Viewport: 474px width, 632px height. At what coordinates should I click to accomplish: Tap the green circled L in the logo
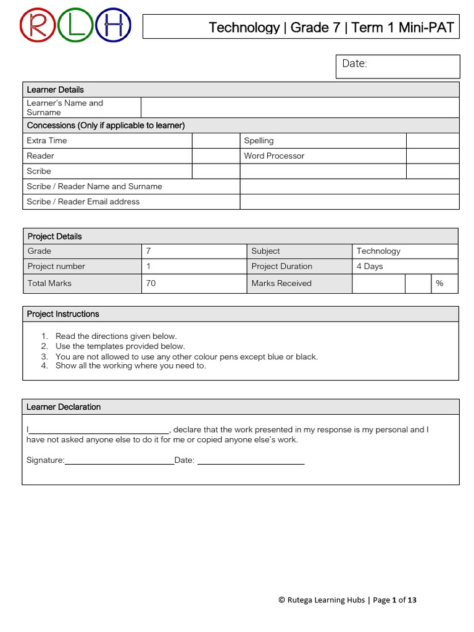pos(77,27)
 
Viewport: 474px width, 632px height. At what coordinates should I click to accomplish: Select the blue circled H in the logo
pos(114,27)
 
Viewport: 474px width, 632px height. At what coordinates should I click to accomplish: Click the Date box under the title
pos(397,67)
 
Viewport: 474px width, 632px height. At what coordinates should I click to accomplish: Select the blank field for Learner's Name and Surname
pos(300,107)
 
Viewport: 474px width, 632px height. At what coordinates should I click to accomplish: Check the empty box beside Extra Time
pos(216,141)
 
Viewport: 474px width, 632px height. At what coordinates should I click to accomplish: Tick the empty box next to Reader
pos(216,156)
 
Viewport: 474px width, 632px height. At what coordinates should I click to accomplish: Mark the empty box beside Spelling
pos(433,141)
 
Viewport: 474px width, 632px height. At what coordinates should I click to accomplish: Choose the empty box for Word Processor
pos(433,156)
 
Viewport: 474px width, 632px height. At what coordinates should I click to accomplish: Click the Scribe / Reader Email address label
pos(83,202)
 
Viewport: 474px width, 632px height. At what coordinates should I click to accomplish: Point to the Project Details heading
pos(54,236)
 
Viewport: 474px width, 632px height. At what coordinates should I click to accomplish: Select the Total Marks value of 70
pos(151,283)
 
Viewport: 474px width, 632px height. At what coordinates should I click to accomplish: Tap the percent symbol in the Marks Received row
pos(439,283)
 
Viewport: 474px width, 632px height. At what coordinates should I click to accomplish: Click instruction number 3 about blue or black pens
pos(186,357)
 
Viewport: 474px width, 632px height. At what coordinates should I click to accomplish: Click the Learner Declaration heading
pos(64,407)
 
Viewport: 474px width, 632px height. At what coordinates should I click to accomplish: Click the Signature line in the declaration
pos(119,460)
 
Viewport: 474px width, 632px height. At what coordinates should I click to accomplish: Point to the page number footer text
pos(347,600)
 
